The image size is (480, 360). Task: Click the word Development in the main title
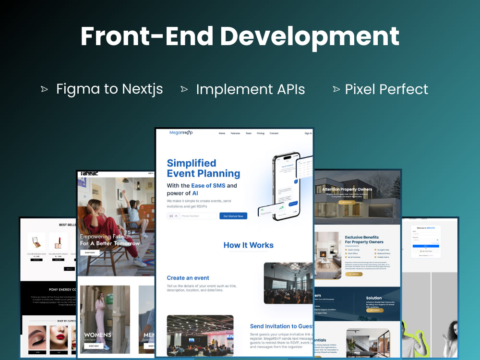coord(310,36)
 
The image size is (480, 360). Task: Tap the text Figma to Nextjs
coord(109,89)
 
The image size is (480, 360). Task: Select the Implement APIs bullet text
coord(250,89)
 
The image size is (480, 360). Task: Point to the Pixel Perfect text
coord(386,89)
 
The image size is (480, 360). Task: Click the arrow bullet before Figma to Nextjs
coord(45,89)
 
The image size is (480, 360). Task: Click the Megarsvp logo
coord(181,133)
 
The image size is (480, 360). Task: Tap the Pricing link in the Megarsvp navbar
coord(261,133)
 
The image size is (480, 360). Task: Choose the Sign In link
coord(308,133)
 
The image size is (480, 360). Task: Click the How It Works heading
coord(248,245)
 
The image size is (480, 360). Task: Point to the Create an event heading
coord(188,278)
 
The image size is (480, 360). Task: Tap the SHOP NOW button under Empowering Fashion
coord(90,252)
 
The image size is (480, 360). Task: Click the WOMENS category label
coord(97,335)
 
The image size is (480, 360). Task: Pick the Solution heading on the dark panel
coord(374,298)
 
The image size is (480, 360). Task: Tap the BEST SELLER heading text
coord(68,225)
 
